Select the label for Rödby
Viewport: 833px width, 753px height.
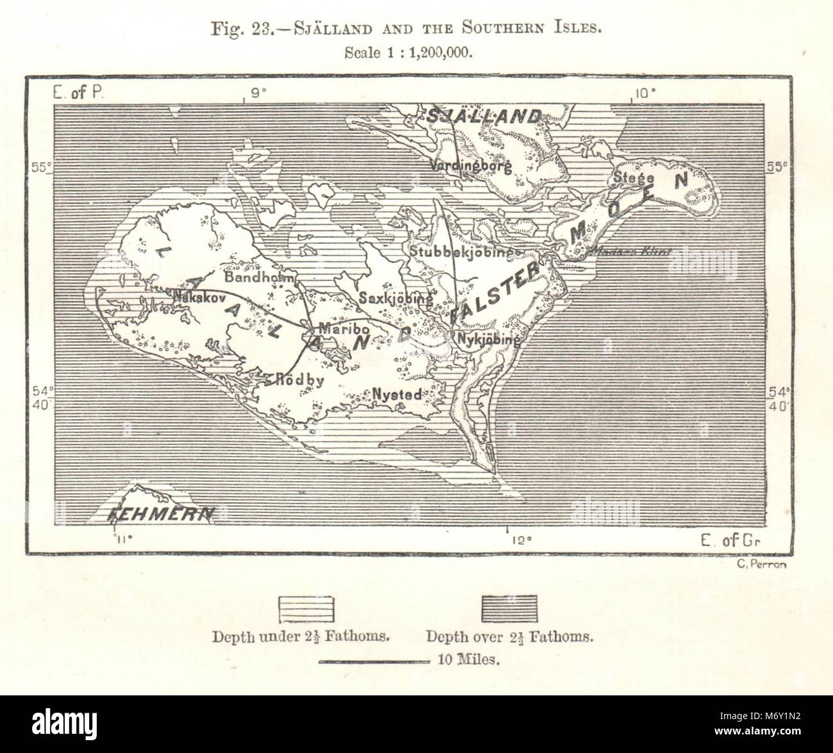point(299,379)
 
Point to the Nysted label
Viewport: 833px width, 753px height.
point(397,394)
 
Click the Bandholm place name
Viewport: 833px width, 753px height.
point(258,279)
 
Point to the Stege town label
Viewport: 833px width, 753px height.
point(633,177)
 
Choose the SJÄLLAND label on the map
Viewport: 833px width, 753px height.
point(484,117)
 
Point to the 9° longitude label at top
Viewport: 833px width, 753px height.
point(258,94)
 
